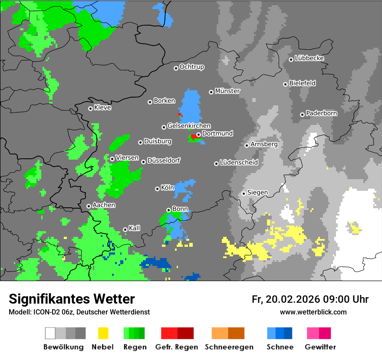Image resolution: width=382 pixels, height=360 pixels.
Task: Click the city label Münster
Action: [227, 91]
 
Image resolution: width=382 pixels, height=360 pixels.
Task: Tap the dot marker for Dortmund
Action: [198, 134]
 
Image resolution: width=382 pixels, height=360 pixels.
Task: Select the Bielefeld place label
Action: [303, 83]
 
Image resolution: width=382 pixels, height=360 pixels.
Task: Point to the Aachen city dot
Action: [89, 206]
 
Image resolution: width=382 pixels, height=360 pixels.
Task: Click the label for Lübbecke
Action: [310, 58]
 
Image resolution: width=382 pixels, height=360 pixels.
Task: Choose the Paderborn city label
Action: [322, 113]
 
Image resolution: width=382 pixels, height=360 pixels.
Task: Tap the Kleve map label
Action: [103, 108]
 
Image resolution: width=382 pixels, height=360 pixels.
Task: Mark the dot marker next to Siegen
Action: [244, 193]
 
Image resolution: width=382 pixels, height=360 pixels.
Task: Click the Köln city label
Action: [168, 188]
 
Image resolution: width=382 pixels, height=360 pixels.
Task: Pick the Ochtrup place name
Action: [192, 67]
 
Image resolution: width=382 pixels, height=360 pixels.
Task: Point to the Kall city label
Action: [135, 228]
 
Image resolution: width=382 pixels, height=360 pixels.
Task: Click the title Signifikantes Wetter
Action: [72, 299]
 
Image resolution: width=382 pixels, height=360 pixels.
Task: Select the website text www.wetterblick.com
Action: [313, 312]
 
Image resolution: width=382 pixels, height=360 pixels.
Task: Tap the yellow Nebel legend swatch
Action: [103, 333]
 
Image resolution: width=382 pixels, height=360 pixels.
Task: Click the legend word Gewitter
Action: [320, 347]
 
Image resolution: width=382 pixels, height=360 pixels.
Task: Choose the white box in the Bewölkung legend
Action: [50, 333]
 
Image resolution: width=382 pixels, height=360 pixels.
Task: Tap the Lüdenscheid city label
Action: [239, 163]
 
